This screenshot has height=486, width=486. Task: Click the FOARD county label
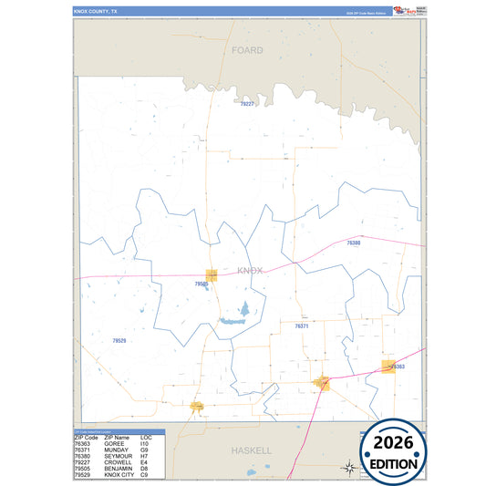click(x=247, y=50)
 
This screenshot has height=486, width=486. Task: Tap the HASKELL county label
click(x=251, y=450)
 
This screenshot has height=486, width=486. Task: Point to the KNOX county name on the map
click(x=249, y=271)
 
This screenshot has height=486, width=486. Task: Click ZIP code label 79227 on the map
click(x=246, y=105)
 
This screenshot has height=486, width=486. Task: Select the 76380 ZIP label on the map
click(x=354, y=243)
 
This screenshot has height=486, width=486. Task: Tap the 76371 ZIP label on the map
click(x=302, y=326)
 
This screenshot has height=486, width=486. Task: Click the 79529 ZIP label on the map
click(x=119, y=340)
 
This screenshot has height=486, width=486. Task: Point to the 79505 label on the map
click(x=202, y=284)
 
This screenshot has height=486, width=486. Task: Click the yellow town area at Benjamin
click(x=212, y=274)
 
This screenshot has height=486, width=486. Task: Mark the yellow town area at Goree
click(x=388, y=366)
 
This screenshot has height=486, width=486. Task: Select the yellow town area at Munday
click(x=321, y=383)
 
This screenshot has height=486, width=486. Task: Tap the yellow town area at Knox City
click(x=196, y=406)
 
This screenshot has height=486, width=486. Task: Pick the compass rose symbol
click(x=347, y=468)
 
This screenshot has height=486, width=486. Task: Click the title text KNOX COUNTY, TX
click(x=96, y=11)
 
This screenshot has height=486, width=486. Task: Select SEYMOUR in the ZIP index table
click(x=119, y=456)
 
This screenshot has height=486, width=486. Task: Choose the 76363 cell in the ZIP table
click(x=84, y=443)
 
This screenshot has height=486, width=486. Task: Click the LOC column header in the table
click(x=146, y=437)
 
